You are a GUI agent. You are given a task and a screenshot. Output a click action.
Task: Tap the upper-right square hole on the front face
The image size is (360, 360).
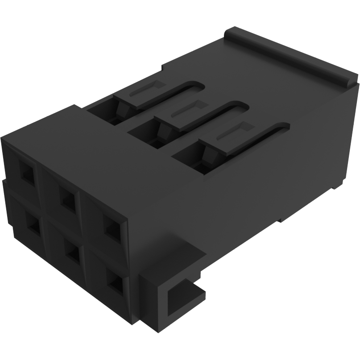(112, 227)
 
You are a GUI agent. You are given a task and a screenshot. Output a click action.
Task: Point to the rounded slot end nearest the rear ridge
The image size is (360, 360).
(196, 85)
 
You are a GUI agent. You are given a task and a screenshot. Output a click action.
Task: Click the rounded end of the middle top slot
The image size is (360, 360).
(240, 107)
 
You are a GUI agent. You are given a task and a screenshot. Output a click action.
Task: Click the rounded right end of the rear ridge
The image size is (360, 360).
(350, 81)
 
